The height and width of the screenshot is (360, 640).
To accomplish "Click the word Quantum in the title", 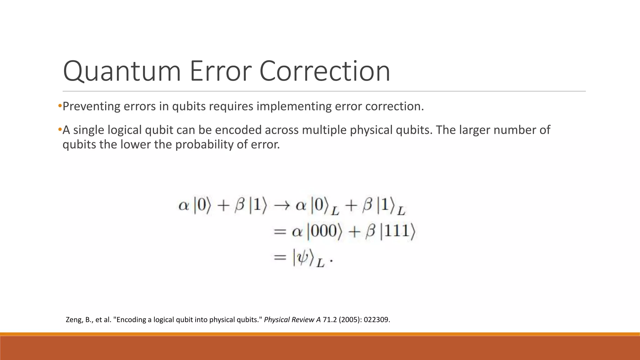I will tap(122, 71).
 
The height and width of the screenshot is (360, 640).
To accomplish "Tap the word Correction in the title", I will tap(325, 71).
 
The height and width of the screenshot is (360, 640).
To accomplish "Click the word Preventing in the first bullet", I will tap(91, 107).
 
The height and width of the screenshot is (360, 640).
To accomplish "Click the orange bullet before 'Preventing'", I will tap(60, 106).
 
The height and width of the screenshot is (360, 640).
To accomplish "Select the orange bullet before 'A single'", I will tap(60, 130).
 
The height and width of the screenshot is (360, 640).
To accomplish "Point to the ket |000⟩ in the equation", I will tap(324, 232).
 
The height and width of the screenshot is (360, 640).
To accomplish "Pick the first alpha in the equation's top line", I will tap(184, 206).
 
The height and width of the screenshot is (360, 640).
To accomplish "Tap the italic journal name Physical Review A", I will tap(292, 320).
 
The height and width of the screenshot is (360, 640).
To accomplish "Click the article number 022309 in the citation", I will tap(377, 320).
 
